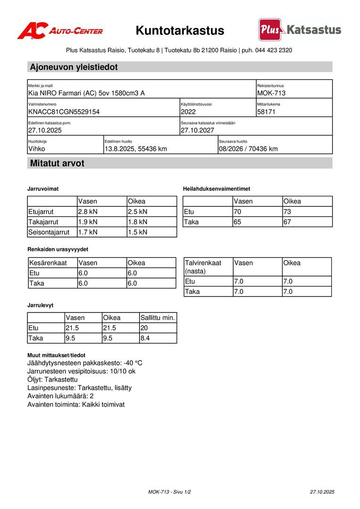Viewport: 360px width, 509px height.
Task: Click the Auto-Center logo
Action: (60, 31)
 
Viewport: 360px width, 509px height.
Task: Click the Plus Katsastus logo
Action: (300, 30)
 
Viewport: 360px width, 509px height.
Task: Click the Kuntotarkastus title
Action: (180, 31)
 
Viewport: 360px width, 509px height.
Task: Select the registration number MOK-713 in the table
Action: (271, 93)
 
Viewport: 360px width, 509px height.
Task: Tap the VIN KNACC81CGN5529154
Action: (64, 112)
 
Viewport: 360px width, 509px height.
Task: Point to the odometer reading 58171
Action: (266, 112)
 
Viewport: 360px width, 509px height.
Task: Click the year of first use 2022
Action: (188, 112)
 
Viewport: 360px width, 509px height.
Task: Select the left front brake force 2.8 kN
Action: (88, 212)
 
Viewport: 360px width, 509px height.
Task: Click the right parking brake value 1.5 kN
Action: (138, 232)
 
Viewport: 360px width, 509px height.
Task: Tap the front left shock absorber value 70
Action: (237, 212)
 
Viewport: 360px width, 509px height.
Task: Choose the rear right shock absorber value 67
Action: (287, 222)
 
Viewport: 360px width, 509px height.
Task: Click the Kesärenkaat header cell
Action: (48, 263)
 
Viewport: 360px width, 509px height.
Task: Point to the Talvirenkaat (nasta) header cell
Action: (203, 267)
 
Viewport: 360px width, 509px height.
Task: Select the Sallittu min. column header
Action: (158, 318)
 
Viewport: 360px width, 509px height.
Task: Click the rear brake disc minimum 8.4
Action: (145, 338)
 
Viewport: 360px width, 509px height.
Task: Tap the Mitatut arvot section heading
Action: (57, 164)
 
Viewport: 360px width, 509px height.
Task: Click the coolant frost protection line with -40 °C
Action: (85, 363)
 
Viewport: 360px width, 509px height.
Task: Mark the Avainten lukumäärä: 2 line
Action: (61, 396)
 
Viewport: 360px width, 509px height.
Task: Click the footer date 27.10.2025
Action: (322, 492)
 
